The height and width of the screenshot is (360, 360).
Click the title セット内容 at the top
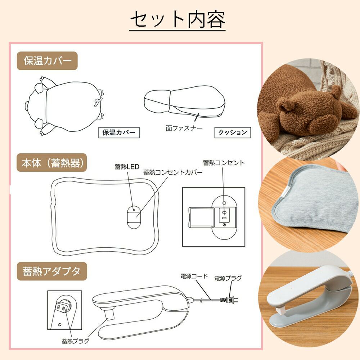[177, 20]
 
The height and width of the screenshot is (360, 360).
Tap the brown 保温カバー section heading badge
[47, 61]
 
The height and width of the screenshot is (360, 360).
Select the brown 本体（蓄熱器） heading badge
[51, 163]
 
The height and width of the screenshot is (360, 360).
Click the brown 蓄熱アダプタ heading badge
[51, 271]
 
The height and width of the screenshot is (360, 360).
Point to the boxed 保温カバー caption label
[119, 132]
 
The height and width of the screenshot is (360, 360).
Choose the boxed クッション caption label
[233, 132]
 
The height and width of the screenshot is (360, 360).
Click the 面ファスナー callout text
[184, 128]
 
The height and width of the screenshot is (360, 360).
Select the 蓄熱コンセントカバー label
[173, 172]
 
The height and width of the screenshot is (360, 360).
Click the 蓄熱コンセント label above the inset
[224, 163]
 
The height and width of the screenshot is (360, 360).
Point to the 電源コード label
[194, 276]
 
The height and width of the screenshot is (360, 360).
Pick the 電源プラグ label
[228, 278]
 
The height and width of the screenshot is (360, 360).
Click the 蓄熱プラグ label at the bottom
[75, 341]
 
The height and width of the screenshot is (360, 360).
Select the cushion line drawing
[185, 102]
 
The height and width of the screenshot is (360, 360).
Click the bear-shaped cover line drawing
[64, 106]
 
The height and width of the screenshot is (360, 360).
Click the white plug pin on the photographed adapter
[282, 311]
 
